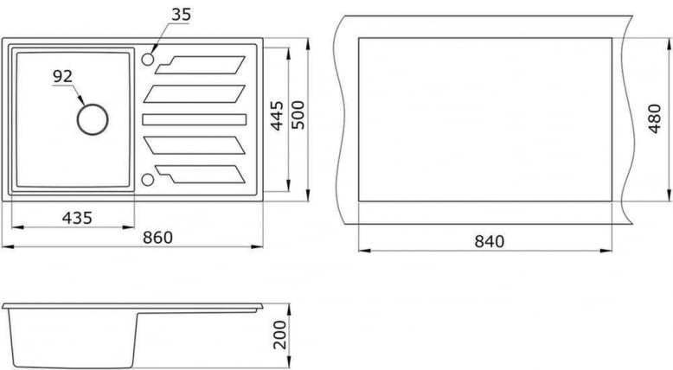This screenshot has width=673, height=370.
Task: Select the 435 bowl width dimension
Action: (77, 217)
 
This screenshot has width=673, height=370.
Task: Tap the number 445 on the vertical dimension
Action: (277, 115)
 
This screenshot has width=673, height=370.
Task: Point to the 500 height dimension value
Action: (298, 115)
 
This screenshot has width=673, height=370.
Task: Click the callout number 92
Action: (62, 76)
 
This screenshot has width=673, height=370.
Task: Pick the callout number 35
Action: (182, 14)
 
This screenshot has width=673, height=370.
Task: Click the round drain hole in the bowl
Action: (93, 119)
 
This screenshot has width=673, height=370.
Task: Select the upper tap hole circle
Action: (147, 60)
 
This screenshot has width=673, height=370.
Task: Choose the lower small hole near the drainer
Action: (147, 179)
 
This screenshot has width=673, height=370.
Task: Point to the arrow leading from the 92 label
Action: (76, 93)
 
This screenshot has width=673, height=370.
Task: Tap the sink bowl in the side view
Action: (69, 337)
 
